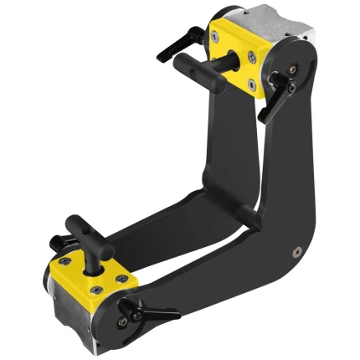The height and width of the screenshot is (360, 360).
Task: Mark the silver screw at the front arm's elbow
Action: pos(296,249)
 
